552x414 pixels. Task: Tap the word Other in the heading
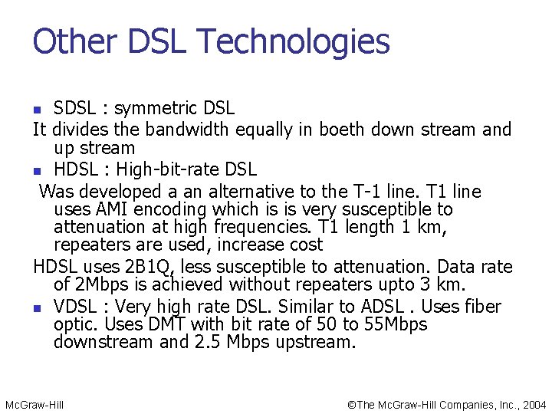71,41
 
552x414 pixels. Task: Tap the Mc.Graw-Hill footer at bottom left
34,404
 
